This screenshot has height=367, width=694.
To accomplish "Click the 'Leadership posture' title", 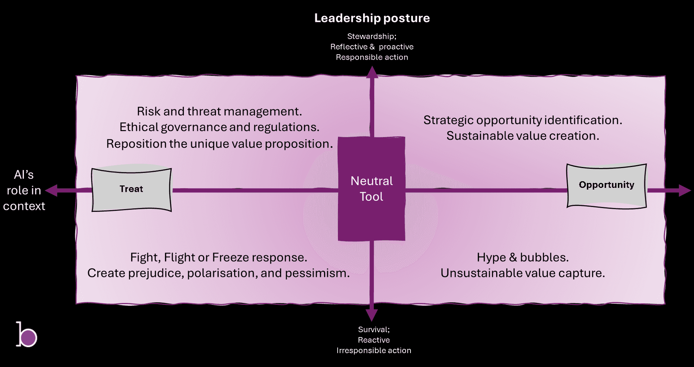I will (x=372, y=18).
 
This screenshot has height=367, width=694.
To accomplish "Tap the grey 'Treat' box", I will (x=131, y=189).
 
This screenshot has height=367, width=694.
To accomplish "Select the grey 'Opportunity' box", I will (x=606, y=185).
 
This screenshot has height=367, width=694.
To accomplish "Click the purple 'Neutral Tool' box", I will (x=371, y=189).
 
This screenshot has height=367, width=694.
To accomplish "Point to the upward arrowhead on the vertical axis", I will (x=372, y=72).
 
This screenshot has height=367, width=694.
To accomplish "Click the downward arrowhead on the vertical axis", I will (x=372, y=315).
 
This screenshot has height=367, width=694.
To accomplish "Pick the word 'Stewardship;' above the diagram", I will (x=372, y=36).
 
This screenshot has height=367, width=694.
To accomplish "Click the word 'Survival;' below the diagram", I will (x=374, y=329).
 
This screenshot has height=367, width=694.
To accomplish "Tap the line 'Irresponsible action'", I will (x=374, y=350).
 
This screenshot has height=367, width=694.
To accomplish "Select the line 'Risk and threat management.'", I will (x=219, y=112).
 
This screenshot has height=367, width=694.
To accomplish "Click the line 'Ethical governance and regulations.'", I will (x=219, y=127).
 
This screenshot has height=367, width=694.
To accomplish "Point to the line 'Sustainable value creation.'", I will (x=523, y=136).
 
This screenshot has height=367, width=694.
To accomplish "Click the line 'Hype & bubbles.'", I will (x=523, y=257).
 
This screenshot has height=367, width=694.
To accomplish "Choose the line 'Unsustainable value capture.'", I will (x=523, y=273).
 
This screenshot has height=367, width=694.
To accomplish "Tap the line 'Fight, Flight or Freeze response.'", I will (x=218, y=257).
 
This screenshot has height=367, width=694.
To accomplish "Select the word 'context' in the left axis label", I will (x=24, y=206).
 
